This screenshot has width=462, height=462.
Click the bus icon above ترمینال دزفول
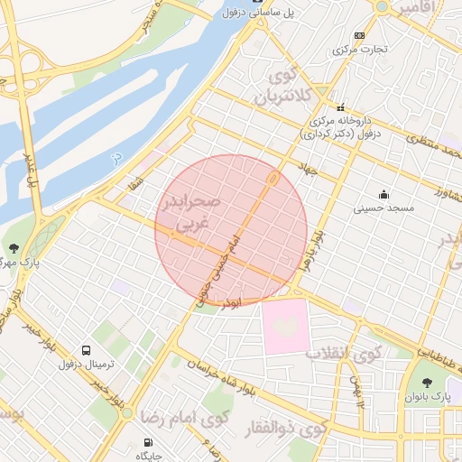(86, 349)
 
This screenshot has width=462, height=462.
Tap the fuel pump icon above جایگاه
(148, 443)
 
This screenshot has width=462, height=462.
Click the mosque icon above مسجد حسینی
(383, 193)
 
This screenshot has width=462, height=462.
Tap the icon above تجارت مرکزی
(360, 36)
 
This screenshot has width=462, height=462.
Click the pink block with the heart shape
(285, 326)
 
